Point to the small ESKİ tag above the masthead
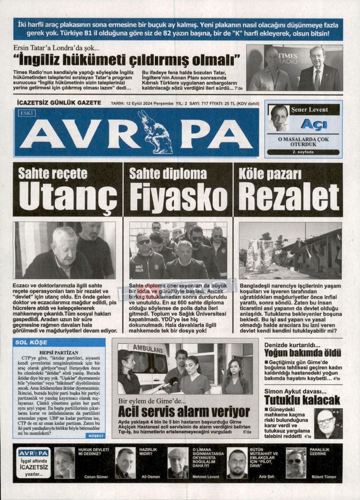click(26, 112)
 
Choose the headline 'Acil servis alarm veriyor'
click(184, 412)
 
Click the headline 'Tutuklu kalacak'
click(302, 400)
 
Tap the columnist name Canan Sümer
click(96, 477)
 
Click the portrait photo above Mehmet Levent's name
click(178, 463)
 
